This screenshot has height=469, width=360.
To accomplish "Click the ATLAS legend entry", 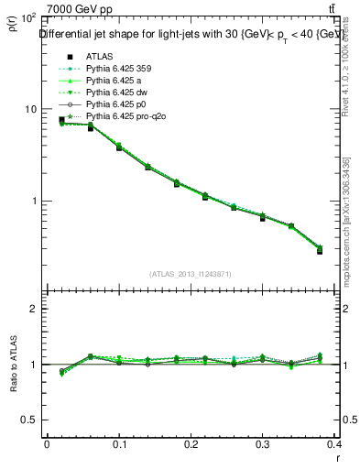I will [x=100, y=55].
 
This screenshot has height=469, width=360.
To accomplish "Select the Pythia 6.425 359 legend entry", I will [x=117, y=68].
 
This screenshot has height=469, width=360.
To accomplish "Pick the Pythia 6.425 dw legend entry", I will [x=116, y=93].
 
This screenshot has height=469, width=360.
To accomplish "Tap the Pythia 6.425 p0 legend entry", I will [x=115, y=104].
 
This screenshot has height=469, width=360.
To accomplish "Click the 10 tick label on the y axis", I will [x=28, y=109].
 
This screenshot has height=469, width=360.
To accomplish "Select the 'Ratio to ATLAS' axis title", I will [x=12, y=364].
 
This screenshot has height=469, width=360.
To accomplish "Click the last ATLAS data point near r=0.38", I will [x=320, y=250].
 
